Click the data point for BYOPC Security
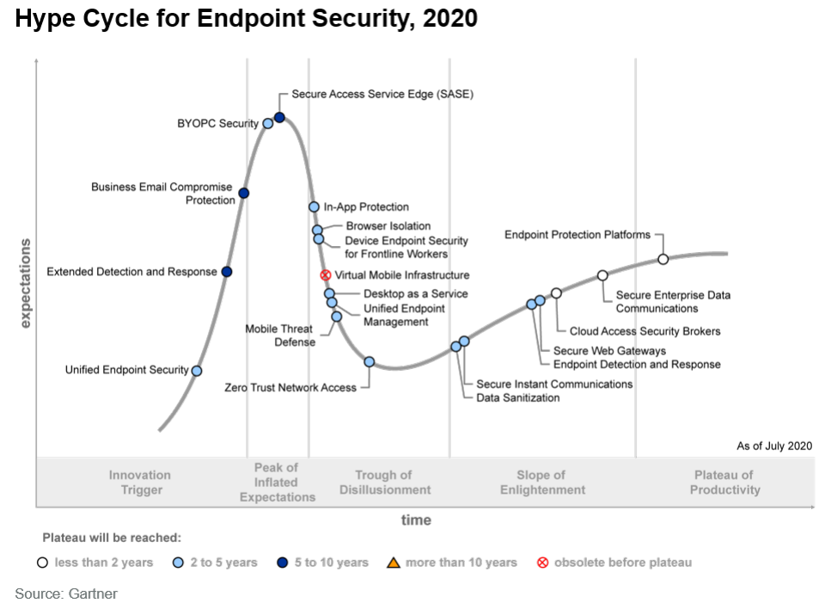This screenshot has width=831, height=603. [268, 124]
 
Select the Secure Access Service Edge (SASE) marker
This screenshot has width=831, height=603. [280, 117]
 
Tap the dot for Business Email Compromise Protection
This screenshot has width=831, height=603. [244, 193]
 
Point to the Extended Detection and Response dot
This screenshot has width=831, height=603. [227, 272]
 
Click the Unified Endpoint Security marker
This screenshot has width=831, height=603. [197, 371]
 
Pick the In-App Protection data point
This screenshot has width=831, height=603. [315, 206]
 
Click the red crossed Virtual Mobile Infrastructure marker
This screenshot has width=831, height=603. [326, 275]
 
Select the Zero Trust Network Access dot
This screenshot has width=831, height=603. [370, 362]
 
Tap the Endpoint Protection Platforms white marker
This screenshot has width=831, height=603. [663, 259]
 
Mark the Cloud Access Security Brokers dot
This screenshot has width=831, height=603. [556, 293]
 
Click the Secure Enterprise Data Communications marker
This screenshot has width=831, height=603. [602, 275]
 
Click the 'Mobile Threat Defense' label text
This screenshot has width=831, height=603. [280, 335]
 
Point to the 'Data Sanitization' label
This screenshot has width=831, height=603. [518, 397]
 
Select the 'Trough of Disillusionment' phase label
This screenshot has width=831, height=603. [385, 482]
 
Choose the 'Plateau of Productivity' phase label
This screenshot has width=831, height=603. [724, 482]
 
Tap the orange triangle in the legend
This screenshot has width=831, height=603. [394, 563]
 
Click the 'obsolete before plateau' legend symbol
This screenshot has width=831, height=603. [543, 563]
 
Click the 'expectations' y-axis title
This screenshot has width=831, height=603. [25, 283]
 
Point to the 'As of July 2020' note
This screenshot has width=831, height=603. [774, 446]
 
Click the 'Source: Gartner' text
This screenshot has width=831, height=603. [66, 594]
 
